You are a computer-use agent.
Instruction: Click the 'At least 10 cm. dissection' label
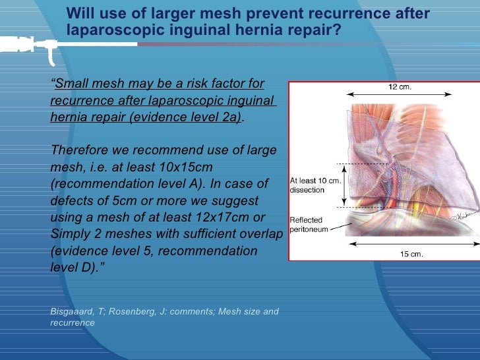tap(315, 185)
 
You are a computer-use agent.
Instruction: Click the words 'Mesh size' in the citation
tap(235, 311)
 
